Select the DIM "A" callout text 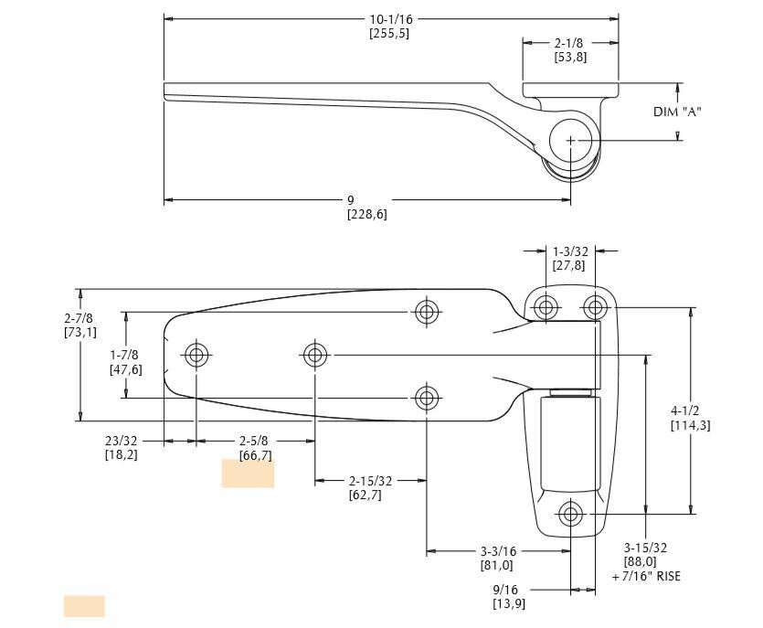[x=678, y=112]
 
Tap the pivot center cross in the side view [x=571, y=140]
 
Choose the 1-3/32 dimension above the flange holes [x=569, y=250]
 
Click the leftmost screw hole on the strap [x=196, y=355]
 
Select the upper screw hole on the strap [x=426, y=312]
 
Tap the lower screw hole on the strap [x=426, y=398]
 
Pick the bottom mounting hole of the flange [x=571, y=514]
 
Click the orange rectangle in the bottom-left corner [x=84, y=606]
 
